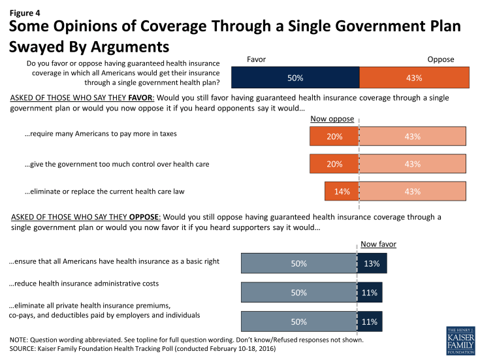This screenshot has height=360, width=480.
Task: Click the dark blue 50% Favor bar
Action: coord(295,78)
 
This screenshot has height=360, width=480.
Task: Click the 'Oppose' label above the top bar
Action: coord(440,59)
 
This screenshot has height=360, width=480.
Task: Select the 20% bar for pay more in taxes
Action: coord(334,136)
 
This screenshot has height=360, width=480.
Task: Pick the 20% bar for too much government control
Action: coord(334,164)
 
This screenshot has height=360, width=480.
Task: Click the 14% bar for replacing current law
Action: coord(342,191)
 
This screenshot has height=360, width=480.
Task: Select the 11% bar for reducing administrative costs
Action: coord(370,293)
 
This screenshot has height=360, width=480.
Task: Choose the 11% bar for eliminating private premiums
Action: coord(370,322)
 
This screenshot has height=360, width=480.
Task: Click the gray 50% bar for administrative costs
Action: coord(298,293)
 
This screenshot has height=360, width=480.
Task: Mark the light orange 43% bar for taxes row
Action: coord(413,136)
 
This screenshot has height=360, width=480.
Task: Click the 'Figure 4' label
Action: coord(24,9)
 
